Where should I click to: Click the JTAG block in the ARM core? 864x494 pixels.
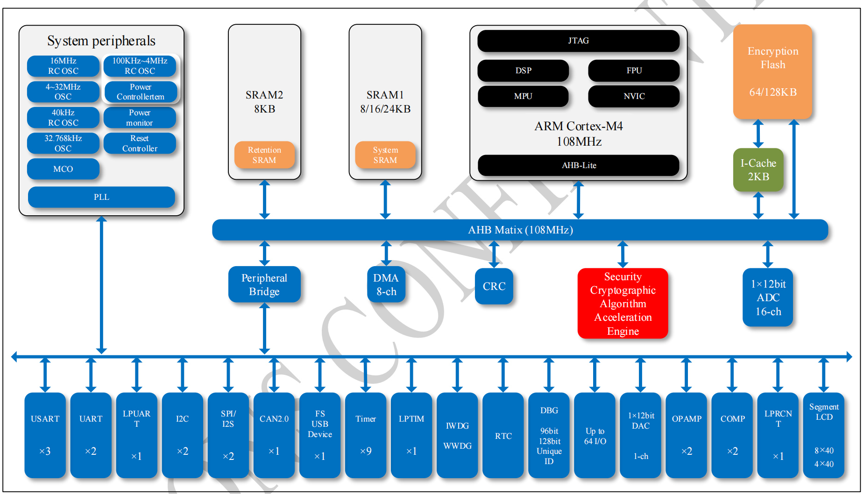click(578, 41)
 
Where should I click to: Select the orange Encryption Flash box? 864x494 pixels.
click(772, 71)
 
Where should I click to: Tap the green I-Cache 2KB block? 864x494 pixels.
click(758, 170)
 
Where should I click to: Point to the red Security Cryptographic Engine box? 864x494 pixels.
click(623, 303)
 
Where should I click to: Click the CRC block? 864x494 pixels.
click(494, 286)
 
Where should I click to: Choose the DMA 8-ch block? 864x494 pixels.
click(386, 284)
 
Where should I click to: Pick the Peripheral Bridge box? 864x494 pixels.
click(264, 284)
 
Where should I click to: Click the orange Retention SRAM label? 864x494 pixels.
click(264, 155)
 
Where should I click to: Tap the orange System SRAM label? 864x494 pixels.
click(385, 155)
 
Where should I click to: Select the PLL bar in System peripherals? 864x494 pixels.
click(101, 197)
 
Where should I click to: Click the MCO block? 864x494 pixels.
click(63, 169)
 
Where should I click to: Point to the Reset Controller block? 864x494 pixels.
click(140, 143)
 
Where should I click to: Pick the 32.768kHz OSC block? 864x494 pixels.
click(63, 143)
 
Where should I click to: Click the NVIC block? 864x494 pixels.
click(634, 96)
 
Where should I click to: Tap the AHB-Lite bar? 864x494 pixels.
click(578, 165)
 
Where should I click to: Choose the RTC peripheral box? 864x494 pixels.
click(503, 435)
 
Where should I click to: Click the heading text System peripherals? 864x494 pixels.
click(101, 41)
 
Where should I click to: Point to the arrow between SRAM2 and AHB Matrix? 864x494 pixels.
click(264, 200)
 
